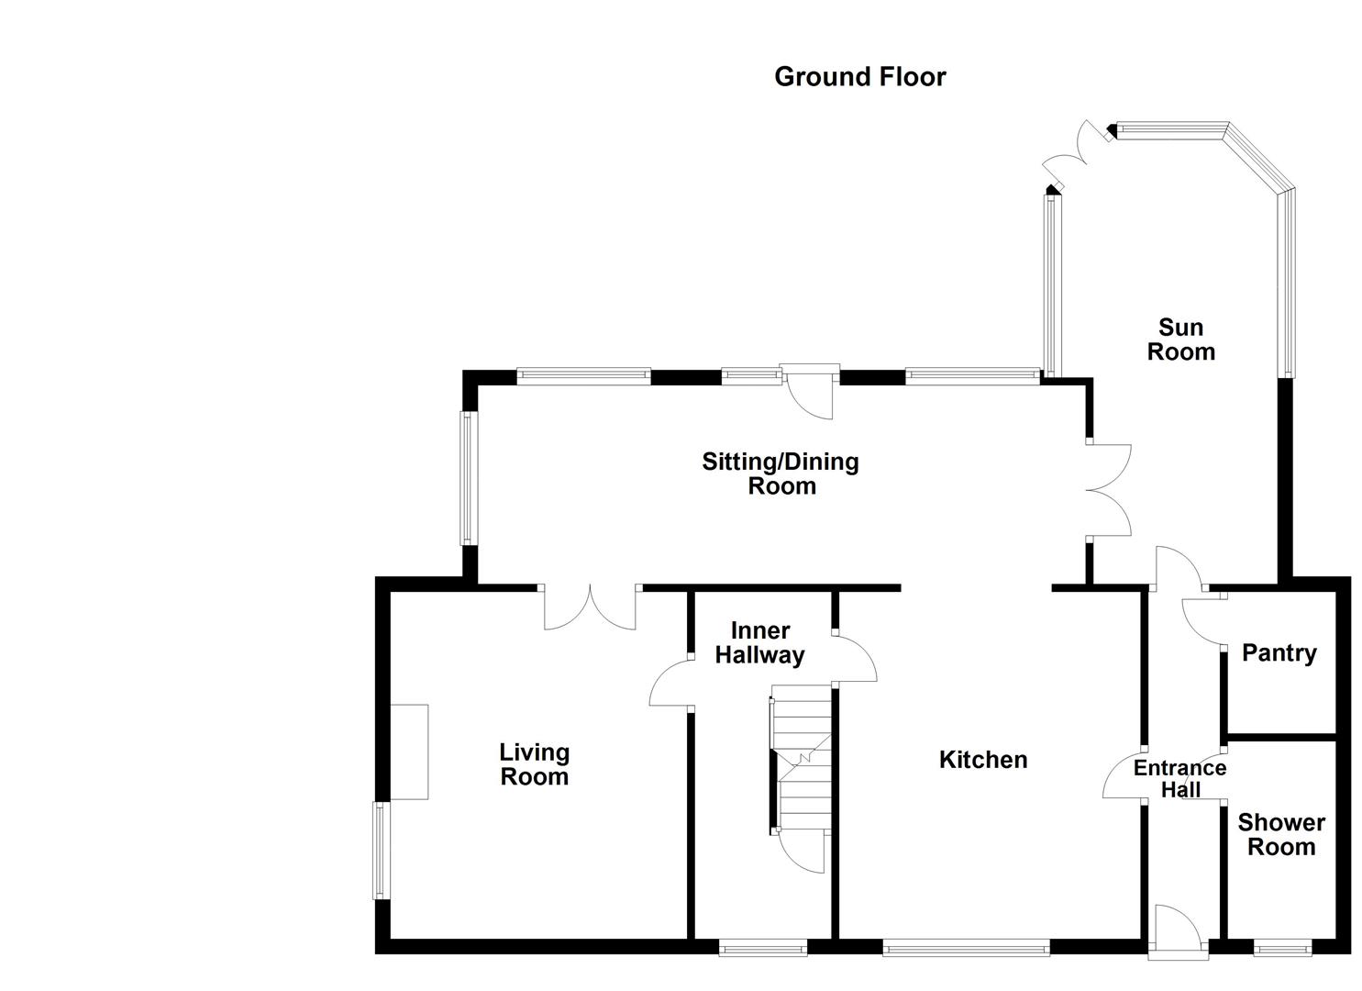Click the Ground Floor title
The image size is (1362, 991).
point(859,76)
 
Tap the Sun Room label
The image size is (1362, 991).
point(1180,340)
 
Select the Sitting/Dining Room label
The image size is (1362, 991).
point(781,473)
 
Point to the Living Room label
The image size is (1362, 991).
point(534,764)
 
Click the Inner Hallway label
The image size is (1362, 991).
point(759,643)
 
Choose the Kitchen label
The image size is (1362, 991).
point(983,760)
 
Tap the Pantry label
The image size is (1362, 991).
point(1279,653)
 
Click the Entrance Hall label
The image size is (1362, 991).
point(1179,778)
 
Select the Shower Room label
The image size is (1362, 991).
point(1281,835)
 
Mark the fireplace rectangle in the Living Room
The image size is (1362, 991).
point(409,752)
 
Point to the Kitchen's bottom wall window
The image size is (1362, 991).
point(966,947)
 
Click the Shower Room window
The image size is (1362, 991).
point(1282,947)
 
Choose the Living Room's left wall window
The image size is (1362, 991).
point(381,850)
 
